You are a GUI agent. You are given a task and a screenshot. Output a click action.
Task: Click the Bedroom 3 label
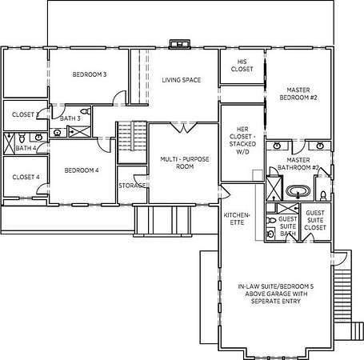coord(90,74)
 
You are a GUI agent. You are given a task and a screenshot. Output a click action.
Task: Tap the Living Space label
coord(182,80)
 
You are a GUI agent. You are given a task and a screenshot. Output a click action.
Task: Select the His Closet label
coord(242,66)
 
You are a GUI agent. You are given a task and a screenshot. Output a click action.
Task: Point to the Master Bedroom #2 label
coord(298,94)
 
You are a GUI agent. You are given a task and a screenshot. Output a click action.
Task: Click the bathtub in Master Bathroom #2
coord(298,191)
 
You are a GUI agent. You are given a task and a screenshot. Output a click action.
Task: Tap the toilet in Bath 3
coord(86,111)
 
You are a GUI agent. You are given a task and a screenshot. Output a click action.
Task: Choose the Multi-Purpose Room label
coord(185,162)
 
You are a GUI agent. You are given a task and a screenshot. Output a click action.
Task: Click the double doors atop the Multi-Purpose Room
coord(183,127)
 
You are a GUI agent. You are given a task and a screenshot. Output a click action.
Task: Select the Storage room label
coord(132,186)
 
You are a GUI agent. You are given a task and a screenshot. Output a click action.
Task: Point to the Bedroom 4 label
coord(82,170)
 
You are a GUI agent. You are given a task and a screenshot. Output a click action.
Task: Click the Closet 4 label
coord(26,177)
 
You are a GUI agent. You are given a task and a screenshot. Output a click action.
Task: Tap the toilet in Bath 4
coord(22,138)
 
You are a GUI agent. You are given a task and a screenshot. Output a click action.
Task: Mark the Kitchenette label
coord(237,218)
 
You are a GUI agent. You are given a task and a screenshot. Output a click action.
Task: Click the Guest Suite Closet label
coord(315,220)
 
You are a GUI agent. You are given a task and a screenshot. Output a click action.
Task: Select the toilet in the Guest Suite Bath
coord(271,221)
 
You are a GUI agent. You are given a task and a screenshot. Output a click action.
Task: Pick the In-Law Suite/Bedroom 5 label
coord(276,294)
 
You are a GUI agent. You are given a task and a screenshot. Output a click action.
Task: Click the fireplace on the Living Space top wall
coord(179,44)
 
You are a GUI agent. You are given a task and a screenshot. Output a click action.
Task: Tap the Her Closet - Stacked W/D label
coord(242,141)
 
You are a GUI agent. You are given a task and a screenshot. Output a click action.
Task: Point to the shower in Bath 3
coord(80,132)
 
